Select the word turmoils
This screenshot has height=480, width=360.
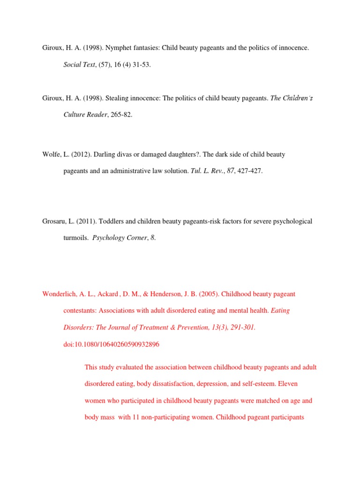pyautogui.click(x=75, y=238)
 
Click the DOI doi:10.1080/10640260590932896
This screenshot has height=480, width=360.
pyautogui.click(x=112, y=345)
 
